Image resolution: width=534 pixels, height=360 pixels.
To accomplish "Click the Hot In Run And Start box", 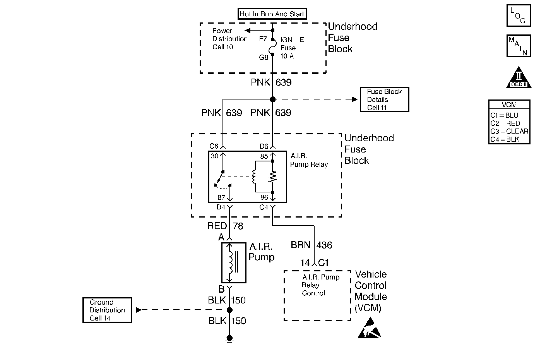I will [x=272, y=14].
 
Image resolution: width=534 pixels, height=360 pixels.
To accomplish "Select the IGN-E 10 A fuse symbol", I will [x=272, y=46].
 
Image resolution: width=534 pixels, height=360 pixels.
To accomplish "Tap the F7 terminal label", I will [x=263, y=39].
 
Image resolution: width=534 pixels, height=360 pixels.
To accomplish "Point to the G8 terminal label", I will [x=263, y=57].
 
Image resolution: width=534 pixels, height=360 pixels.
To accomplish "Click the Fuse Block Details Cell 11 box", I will [x=384, y=99].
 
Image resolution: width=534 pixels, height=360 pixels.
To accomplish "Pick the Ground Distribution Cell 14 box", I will [x=107, y=310].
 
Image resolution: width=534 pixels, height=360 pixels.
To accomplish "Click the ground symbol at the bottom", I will [x=229, y=339].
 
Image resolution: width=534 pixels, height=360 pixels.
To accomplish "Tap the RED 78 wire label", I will [x=225, y=226].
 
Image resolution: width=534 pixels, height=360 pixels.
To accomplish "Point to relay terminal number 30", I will [x=215, y=156].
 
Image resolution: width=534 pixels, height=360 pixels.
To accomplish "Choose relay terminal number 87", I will [x=221, y=197].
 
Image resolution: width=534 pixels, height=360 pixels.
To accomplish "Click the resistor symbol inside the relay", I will [x=273, y=177].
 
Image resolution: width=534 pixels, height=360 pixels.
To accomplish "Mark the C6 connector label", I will [x=214, y=146].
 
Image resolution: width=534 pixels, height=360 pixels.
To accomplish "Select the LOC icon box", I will [x=519, y=15].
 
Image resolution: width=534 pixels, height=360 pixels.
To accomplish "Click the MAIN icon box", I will [x=519, y=46].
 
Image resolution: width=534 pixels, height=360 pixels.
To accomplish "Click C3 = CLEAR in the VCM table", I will [x=509, y=131].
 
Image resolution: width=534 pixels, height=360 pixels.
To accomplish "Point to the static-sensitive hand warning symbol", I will [x=370, y=329].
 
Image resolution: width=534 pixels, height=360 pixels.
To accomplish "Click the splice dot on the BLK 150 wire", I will [x=229, y=310].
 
